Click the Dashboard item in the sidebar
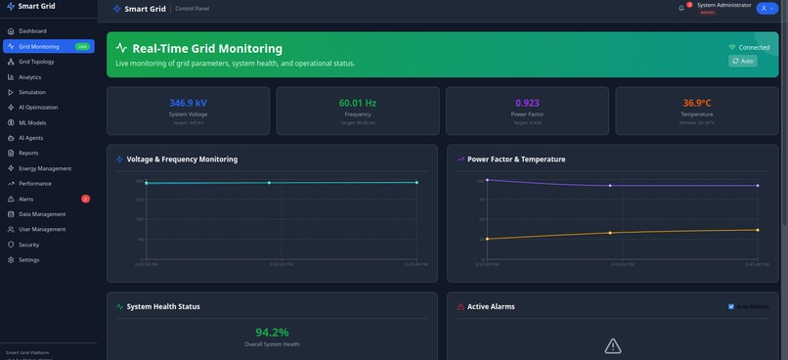(32, 31)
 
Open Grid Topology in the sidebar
(36, 62)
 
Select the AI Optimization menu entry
(38, 108)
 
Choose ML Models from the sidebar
(32, 123)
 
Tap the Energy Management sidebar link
(44, 168)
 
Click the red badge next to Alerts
(86, 199)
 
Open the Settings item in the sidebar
(28, 260)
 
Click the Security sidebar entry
(28, 245)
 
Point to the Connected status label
(754, 47)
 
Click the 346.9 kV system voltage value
(188, 103)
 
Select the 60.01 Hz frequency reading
(357, 103)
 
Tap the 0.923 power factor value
(527, 103)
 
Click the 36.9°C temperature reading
(697, 103)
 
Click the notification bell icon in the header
(681, 8)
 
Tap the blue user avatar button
(766, 8)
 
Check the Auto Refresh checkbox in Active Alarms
(731, 306)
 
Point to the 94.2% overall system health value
(272, 333)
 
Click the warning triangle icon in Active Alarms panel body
(613, 345)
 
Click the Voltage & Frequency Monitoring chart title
(182, 159)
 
